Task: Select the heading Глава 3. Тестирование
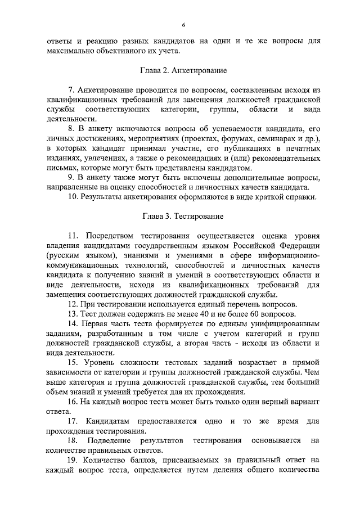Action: [x=183, y=216]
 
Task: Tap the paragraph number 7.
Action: [x=70, y=90]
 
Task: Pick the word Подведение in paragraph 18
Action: [x=110, y=440]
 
